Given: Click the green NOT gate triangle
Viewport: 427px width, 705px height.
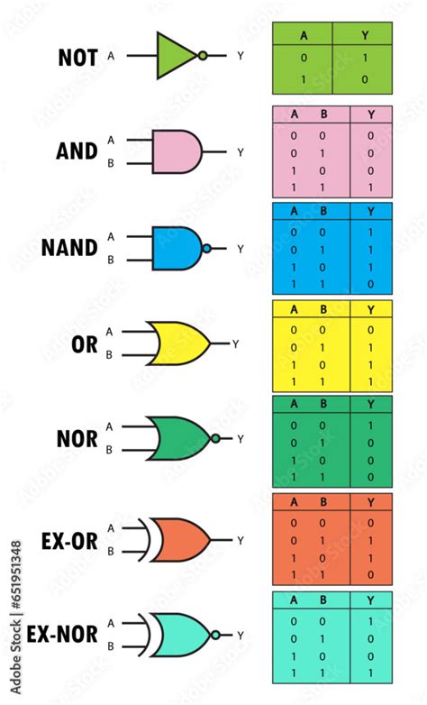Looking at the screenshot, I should [175, 55].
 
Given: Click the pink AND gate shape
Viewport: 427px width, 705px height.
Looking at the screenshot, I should [177, 151].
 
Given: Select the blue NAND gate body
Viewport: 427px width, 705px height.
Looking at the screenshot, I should [176, 248].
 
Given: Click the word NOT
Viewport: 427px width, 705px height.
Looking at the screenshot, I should [77, 57].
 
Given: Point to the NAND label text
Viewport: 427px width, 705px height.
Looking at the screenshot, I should [69, 248].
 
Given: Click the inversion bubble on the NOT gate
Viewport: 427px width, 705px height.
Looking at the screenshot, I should [203, 55].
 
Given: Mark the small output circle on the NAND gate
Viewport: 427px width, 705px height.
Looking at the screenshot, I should [207, 248].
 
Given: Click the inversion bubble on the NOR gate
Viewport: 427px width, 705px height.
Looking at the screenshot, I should [215, 439].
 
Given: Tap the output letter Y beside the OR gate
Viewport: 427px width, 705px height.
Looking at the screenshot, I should [236, 343].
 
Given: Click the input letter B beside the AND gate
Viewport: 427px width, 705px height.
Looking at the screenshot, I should [111, 164].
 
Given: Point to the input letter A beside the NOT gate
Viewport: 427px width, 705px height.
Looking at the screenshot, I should [111, 56].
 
